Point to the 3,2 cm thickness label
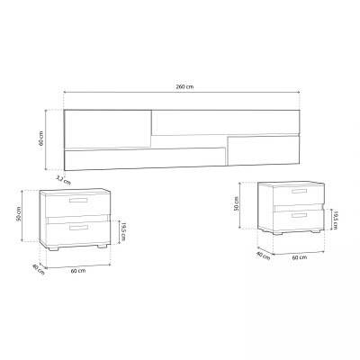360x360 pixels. pyautogui.click(x=62, y=179)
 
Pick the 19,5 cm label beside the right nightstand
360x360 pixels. pyautogui.click(x=334, y=218)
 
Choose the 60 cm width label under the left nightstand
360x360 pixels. pyautogui.click(x=78, y=271)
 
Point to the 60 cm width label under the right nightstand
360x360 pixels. pyautogui.click(x=298, y=257)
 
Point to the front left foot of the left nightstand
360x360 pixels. pyautogui.click(x=56, y=247)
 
